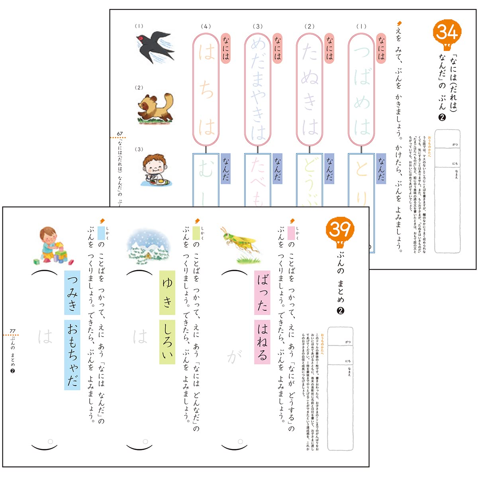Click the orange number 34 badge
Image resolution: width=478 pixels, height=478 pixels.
tap(447, 33)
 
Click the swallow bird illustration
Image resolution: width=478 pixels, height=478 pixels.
tap(155, 46)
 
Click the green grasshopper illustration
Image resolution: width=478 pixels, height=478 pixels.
tap(240, 245)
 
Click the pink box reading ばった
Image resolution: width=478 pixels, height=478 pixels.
tap(262, 292)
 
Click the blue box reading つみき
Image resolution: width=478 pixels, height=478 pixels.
tap(72, 292)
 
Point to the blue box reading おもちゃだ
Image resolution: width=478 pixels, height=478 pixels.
tap(72, 354)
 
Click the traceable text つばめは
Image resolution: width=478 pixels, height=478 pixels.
tap(361, 89)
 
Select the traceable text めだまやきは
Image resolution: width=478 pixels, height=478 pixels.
tap(258, 89)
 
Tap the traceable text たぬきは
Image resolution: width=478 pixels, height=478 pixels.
tap(310, 89)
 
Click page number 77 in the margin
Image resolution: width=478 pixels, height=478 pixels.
tap(13, 331)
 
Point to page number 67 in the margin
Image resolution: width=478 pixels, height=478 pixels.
tap(120, 134)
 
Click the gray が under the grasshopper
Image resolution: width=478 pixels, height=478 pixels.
tap(234, 356)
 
